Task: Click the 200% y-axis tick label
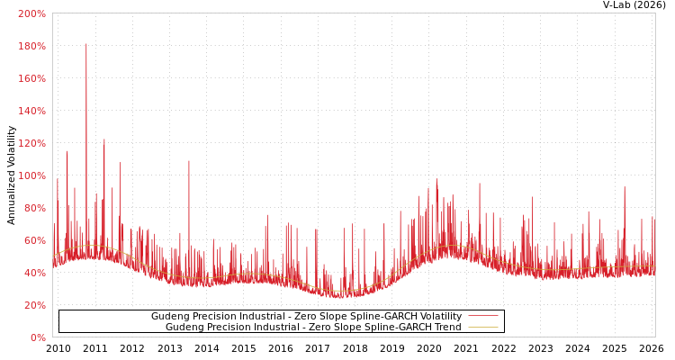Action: (31, 13)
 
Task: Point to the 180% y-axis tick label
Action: (31, 46)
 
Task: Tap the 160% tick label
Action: (31, 78)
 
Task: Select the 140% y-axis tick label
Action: (31, 111)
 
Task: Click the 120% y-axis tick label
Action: (31, 143)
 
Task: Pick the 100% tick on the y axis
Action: (31, 175)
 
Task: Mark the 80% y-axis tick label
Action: (33, 208)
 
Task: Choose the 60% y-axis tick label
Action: (33, 240)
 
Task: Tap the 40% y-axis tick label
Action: (33, 273)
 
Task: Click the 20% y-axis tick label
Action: (33, 305)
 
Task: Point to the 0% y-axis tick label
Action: (37, 337)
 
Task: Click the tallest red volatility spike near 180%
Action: (86, 45)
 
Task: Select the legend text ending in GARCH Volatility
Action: (306, 317)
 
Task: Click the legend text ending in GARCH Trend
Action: (313, 328)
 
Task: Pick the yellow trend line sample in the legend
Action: (482, 328)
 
